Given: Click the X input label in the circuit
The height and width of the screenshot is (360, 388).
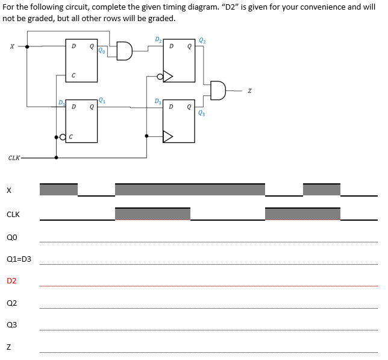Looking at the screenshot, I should (x=11, y=47).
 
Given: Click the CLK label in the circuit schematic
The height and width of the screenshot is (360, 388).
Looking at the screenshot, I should (x=14, y=158).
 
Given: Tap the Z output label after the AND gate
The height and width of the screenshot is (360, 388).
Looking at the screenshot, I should (x=249, y=91).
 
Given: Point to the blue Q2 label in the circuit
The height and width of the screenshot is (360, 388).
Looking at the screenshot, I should (x=202, y=40).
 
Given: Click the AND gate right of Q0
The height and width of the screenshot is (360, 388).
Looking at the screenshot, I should (x=124, y=51).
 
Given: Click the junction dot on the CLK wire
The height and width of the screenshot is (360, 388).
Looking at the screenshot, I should (x=57, y=158).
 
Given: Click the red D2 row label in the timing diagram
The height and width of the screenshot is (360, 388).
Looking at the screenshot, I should (x=11, y=281).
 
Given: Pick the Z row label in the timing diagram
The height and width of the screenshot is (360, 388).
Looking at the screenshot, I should (x=9, y=346).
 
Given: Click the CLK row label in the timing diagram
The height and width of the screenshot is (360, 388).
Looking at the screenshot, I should (x=13, y=215).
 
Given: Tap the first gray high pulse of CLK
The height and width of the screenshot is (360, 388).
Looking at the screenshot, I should (x=152, y=214).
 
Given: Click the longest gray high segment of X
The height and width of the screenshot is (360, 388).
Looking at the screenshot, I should (x=190, y=189).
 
